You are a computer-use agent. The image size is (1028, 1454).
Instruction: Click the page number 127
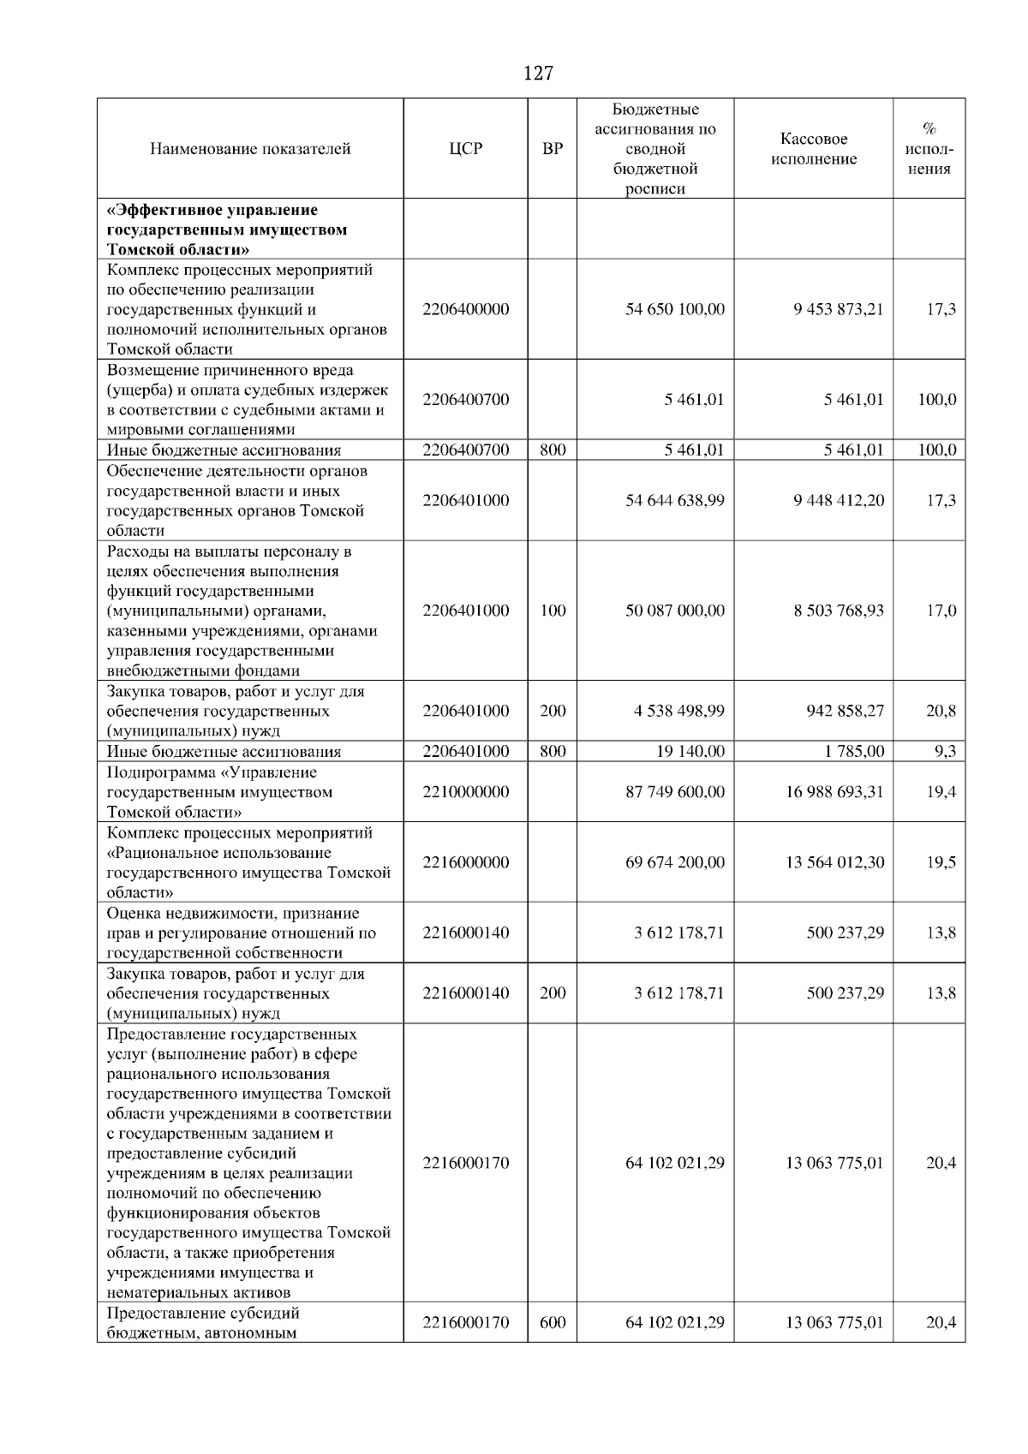(537, 74)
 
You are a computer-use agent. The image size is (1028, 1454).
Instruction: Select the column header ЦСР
(465, 149)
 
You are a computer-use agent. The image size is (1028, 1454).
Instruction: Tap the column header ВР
(553, 149)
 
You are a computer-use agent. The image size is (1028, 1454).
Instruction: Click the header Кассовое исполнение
(813, 149)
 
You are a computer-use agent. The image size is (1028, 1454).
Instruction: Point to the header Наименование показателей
(250, 149)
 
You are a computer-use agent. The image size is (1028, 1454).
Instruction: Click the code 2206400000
(465, 309)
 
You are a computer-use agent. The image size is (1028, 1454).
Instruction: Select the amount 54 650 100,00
(674, 309)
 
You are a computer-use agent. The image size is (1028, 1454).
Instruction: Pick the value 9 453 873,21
(838, 309)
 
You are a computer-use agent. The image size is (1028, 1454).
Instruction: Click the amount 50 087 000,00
(674, 611)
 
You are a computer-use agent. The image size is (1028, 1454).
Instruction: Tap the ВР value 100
(553, 611)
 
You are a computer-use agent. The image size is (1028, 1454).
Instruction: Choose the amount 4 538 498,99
(678, 711)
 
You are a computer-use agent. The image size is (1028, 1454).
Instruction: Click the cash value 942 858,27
(845, 711)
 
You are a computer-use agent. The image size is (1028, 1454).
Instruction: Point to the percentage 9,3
(945, 752)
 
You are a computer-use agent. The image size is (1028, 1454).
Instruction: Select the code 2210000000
(465, 792)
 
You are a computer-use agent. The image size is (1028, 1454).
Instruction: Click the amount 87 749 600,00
(674, 792)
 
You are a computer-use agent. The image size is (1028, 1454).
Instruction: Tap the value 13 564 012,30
(834, 862)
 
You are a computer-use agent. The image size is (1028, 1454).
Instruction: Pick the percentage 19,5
(941, 862)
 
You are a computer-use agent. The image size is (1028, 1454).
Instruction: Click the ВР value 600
(553, 1323)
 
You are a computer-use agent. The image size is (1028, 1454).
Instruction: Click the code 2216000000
(465, 862)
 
